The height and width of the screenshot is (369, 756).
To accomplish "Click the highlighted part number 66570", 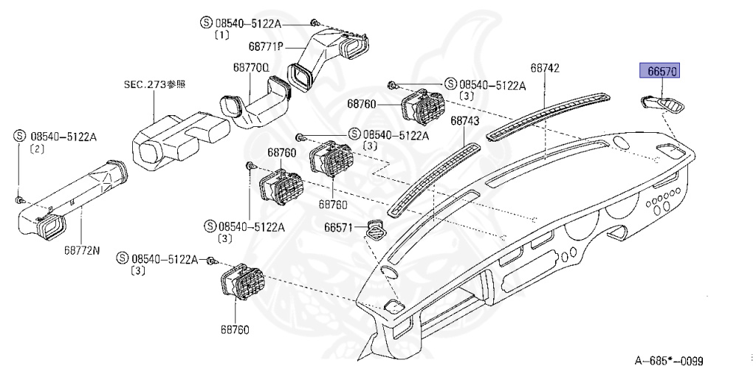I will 659,72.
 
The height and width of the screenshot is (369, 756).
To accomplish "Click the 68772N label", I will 81,249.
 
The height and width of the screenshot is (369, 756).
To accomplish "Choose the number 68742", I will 545,69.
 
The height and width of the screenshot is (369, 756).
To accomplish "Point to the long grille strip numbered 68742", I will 550,114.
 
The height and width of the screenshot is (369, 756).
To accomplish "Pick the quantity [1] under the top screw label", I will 221,35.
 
